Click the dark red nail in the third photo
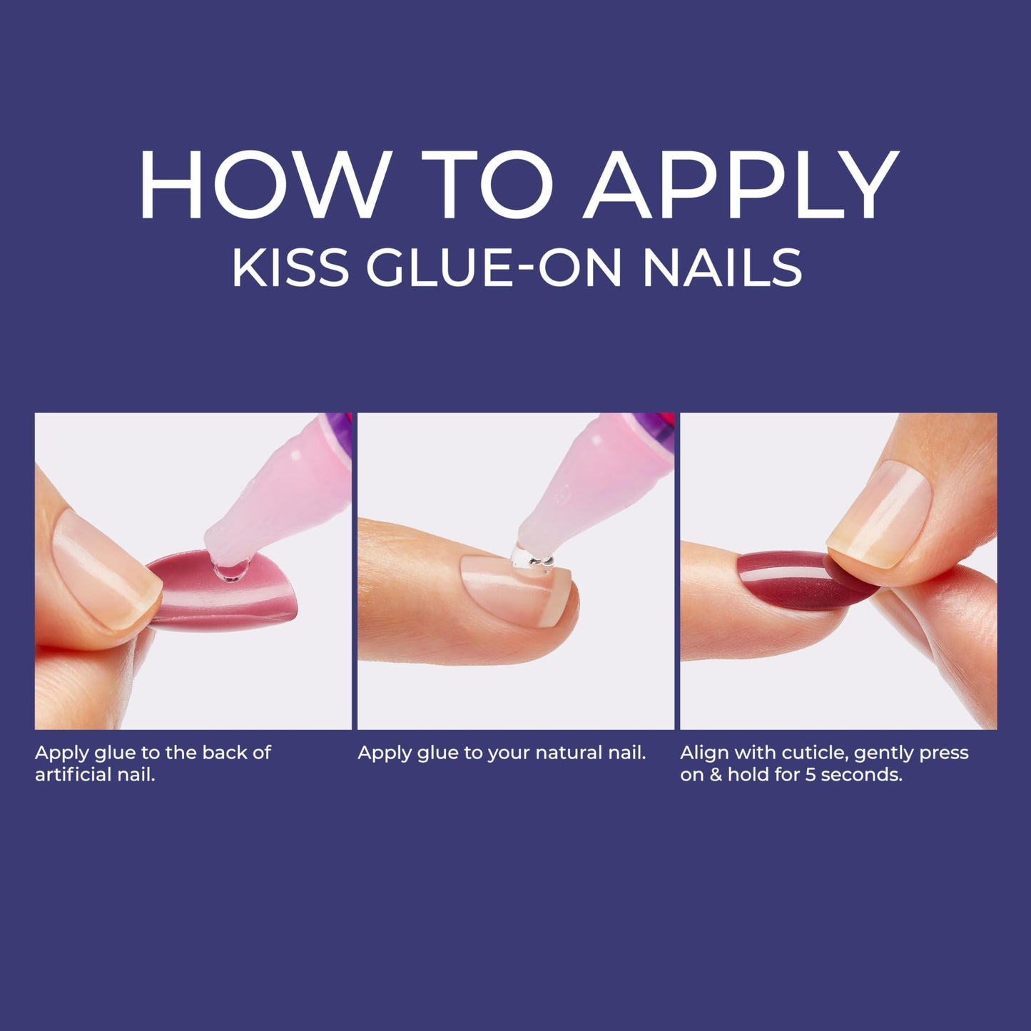pos(785,579)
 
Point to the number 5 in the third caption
pos(810,775)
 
